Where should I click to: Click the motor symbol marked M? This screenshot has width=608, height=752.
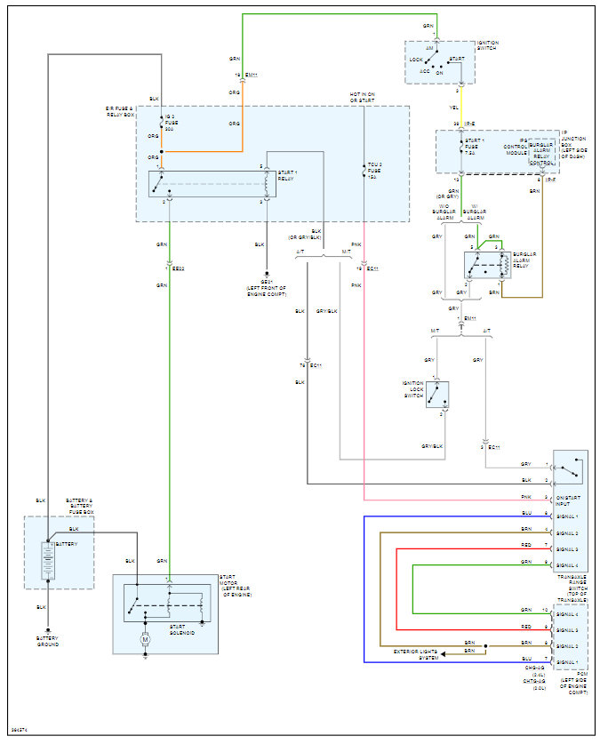145,639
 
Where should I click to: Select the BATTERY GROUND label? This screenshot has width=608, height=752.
48,641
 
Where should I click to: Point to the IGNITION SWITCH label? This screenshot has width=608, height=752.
488,45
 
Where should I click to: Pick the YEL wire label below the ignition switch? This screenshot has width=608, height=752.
455,105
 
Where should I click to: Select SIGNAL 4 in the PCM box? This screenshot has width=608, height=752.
569,614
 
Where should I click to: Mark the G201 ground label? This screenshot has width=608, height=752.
265,286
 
